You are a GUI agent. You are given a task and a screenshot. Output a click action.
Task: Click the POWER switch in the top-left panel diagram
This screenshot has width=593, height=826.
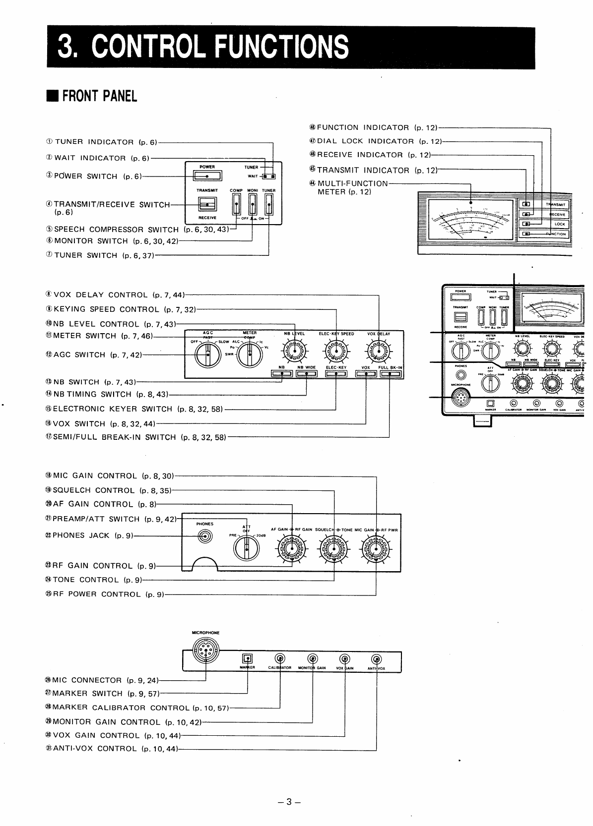tap(207, 176)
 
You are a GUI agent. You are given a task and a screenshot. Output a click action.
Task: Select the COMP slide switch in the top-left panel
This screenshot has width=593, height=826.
tap(236, 204)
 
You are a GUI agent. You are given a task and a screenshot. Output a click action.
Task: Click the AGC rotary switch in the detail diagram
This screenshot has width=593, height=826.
tap(208, 355)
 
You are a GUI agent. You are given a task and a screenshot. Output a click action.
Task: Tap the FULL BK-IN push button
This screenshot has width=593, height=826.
tap(391, 374)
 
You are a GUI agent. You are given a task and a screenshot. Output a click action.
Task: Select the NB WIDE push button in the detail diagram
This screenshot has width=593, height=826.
tap(307, 374)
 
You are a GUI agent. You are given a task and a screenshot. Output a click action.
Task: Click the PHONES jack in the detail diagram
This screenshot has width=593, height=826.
tap(205, 536)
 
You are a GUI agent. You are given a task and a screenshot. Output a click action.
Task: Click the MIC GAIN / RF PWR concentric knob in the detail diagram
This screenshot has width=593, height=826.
tap(376, 548)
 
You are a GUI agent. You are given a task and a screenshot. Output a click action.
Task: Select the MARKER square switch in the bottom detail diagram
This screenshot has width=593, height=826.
tap(247, 658)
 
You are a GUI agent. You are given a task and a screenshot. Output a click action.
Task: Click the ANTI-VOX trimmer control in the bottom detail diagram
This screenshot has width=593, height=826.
tap(376, 659)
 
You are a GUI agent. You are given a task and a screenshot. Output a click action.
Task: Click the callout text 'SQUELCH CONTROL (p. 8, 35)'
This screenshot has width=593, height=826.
tap(108, 490)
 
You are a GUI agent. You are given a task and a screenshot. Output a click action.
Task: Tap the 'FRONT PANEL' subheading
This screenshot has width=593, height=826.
tap(99, 96)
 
